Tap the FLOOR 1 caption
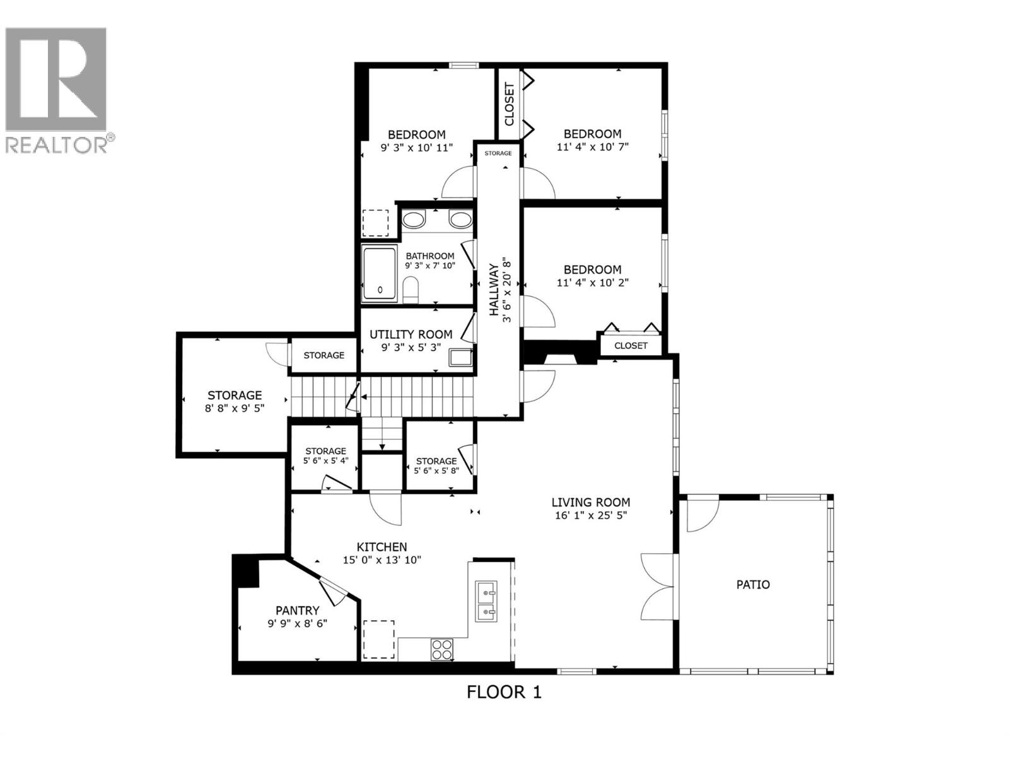pos(504,692)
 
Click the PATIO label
pos(753,584)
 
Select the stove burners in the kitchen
pos(441,649)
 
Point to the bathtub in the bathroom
pos(379,274)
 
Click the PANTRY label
pos(297,610)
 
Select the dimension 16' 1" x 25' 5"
pos(590,515)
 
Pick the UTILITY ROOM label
pos(411,334)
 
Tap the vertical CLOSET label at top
pos(510,105)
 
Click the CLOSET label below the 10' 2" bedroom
pos(631,345)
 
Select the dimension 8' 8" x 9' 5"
pos(235,408)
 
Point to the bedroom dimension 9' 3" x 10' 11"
pos(416,147)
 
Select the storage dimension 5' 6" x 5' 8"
pos(436,471)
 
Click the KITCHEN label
pos(382,547)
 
